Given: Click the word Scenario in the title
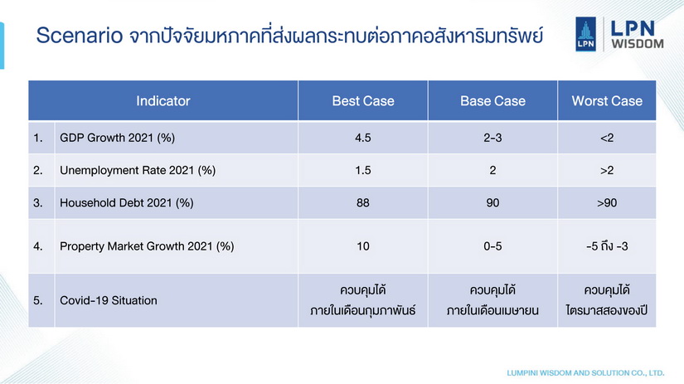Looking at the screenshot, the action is click(x=80, y=36).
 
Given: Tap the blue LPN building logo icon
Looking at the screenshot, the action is click(x=585, y=34).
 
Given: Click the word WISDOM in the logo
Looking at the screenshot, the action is click(x=638, y=44).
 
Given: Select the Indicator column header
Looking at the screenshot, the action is click(x=163, y=101).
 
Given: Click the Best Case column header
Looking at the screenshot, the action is click(x=363, y=101).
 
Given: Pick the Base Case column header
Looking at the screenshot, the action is click(x=492, y=101).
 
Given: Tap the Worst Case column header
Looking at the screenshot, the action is click(x=607, y=101).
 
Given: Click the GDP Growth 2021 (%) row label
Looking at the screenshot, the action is click(x=118, y=138).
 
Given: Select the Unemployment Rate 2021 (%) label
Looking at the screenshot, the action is click(x=138, y=170).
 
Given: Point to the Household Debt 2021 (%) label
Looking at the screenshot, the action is click(x=127, y=203).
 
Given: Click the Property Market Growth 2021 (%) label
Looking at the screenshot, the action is click(x=147, y=246).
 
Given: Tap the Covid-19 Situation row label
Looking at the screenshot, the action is click(x=108, y=300).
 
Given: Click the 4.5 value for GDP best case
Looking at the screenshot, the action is click(x=363, y=138).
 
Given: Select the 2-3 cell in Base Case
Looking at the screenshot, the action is click(x=492, y=138).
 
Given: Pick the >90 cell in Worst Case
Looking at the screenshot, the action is click(x=607, y=203).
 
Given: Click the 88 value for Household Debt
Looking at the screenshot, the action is click(x=363, y=203).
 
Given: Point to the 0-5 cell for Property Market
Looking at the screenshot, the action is click(x=492, y=246).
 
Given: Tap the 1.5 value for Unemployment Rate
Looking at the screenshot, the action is click(x=363, y=170).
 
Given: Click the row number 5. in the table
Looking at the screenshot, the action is click(x=38, y=300).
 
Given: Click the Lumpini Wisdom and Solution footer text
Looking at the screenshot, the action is click(x=585, y=373).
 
